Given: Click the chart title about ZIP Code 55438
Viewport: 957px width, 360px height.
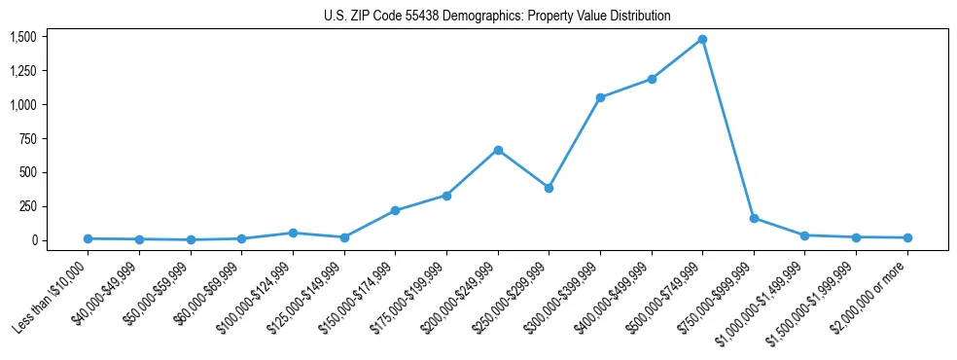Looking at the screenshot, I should coord(497,17).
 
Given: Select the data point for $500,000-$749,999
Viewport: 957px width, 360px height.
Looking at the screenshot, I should coord(702,40).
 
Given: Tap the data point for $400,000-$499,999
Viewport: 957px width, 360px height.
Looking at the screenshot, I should coord(652,79).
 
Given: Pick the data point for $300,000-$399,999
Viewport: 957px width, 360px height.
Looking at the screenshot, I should coord(600,97).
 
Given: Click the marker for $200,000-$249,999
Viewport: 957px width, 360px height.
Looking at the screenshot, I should coord(498,150).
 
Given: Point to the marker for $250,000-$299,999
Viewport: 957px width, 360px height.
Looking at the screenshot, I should coord(549,188).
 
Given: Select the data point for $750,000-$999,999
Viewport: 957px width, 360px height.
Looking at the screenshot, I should coord(754,218).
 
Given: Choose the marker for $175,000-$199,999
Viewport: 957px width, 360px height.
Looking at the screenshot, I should coord(446,196).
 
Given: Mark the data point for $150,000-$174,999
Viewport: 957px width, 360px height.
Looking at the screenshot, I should coord(395,210).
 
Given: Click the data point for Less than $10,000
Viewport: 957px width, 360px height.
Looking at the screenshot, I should coord(88,238).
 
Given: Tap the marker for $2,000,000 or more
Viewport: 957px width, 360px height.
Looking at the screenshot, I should coord(907,237).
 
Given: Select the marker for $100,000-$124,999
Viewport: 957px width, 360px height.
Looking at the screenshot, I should coord(293,233).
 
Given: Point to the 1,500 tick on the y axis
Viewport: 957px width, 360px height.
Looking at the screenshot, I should coord(22,37).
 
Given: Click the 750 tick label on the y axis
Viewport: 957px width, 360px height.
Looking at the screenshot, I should coord(27,138).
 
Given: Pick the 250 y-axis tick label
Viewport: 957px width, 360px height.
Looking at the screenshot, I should coord(27,206).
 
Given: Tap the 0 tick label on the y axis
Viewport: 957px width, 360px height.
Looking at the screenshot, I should coord(34,240).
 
